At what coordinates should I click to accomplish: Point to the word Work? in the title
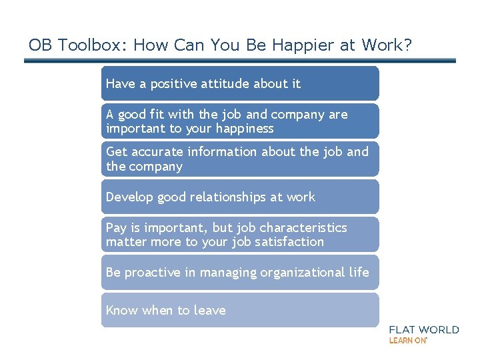click(386, 45)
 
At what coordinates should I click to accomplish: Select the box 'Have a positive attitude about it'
click(240, 83)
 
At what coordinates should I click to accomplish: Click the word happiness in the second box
click(243, 128)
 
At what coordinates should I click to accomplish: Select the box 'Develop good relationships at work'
click(240, 197)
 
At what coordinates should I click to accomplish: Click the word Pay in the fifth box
click(116, 228)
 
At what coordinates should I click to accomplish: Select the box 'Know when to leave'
click(240, 310)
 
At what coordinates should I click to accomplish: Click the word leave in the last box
click(209, 310)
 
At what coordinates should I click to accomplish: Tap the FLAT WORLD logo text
click(424, 329)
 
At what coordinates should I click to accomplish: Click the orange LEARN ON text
click(407, 341)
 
